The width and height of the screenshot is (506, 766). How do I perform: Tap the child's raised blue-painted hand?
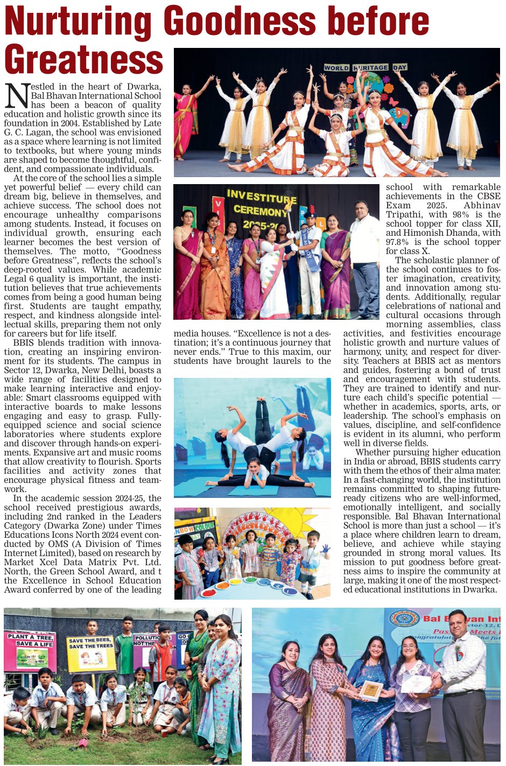point(325,549)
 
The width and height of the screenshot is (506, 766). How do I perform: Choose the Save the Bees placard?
point(90,653)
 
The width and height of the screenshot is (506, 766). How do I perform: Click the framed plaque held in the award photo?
point(371,690)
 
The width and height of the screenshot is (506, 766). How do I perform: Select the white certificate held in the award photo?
point(416,684)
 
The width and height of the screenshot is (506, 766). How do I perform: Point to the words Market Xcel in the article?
point(38,562)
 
